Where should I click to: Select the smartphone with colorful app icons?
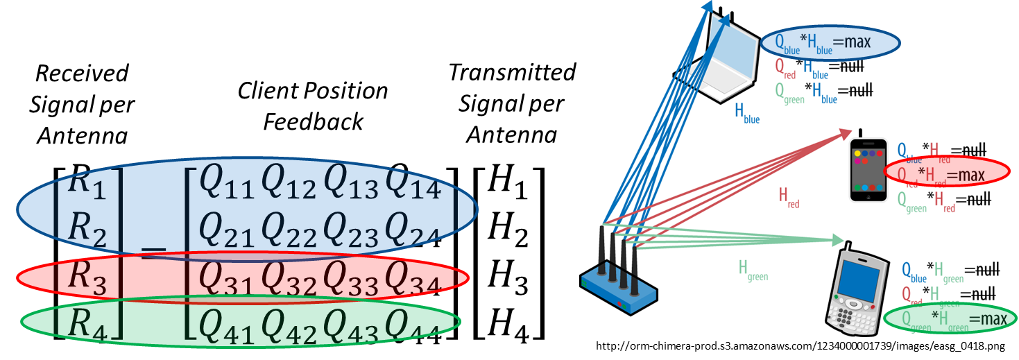coord(868,170)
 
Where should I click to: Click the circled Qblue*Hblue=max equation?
coord(830,43)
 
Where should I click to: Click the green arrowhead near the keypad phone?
coord(837,240)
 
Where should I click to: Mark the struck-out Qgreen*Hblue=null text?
coord(823,92)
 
